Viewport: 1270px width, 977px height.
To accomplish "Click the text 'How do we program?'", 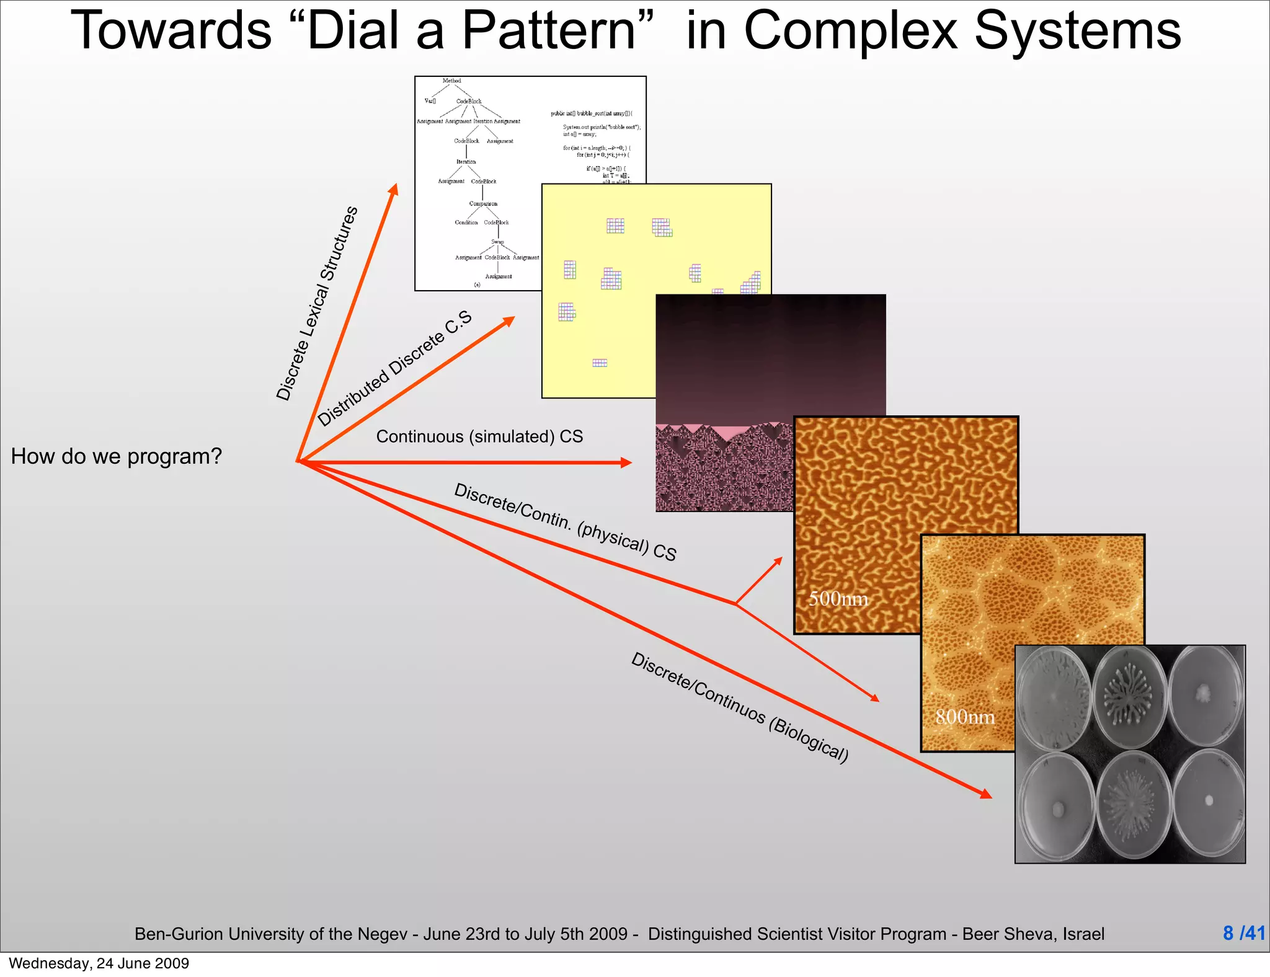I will click(x=116, y=456).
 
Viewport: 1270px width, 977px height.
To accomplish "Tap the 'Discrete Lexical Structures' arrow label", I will click(x=317, y=304).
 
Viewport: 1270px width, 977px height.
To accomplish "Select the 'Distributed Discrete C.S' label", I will click(x=394, y=369).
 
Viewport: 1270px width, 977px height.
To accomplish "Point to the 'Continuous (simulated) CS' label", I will click(x=479, y=436).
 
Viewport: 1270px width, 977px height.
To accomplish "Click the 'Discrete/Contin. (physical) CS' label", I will click(x=565, y=522).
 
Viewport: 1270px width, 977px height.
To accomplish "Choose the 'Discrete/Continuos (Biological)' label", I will click(x=739, y=707).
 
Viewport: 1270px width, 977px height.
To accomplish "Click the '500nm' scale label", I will click(x=838, y=599).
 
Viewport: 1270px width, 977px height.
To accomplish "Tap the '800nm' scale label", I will click(x=964, y=717).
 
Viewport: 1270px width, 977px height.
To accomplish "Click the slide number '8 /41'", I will click(x=1243, y=933).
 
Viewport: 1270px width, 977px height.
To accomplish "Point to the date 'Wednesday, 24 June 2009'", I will click(x=99, y=963).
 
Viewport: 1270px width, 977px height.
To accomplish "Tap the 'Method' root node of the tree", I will click(x=451, y=81).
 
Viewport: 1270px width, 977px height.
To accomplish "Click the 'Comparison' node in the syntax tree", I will click(x=483, y=203).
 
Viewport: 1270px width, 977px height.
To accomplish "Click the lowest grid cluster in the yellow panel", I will click(x=600, y=363).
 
